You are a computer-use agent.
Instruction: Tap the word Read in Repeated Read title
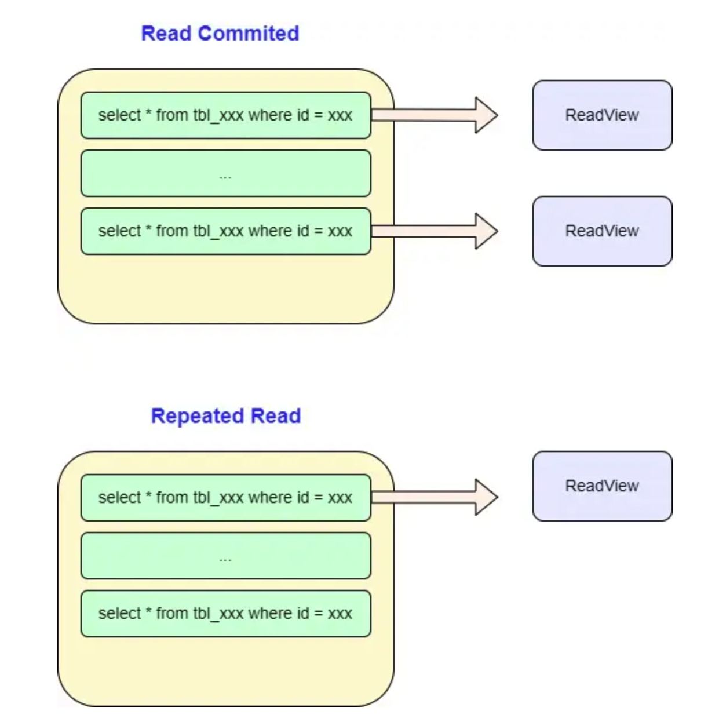coord(276,416)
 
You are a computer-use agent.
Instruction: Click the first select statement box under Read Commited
coord(225,115)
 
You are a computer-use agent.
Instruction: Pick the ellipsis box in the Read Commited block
coord(225,173)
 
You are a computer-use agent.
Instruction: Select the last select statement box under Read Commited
coord(225,231)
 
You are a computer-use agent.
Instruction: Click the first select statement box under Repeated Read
coord(225,498)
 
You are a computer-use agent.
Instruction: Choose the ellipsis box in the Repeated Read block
coord(225,556)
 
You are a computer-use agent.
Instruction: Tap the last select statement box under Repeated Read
coord(225,614)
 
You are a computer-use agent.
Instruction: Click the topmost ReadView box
coord(602,115)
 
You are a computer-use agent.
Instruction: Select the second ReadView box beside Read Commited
coord(602,231)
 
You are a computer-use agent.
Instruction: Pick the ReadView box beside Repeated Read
coord(602,486)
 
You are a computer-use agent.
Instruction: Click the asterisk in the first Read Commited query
coord(148,114)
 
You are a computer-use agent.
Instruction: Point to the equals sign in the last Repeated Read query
coord(318,614)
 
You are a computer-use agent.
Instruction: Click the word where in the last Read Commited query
coord(270,231)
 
